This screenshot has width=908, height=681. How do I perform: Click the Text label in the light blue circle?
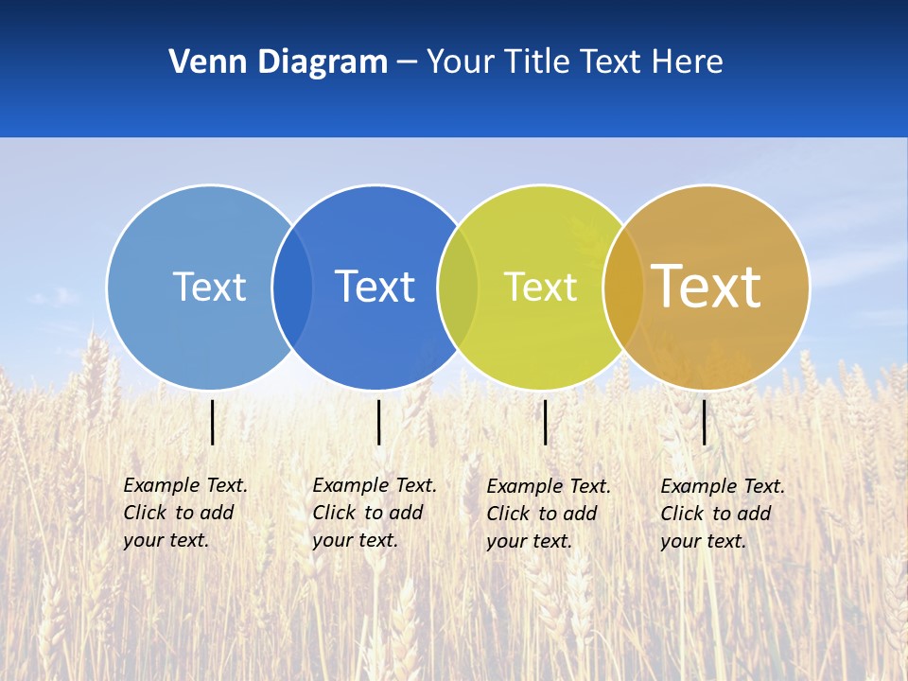(209, 287)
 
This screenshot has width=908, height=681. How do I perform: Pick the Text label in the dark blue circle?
(375, 287)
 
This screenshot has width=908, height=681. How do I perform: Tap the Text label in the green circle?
(540, 287)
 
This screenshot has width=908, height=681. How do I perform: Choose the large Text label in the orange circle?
(706, 287)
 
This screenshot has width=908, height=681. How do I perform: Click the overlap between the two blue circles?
(292, 287)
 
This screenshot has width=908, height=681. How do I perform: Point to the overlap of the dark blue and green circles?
(458, 287)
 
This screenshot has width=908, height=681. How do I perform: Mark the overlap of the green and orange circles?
(623, 287)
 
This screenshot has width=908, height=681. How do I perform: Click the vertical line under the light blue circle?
(213, 422)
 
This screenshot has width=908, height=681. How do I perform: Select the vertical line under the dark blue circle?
(378, 422)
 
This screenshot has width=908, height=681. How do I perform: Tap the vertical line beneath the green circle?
(545, 422)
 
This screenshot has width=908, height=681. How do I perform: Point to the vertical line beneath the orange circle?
(705, 422)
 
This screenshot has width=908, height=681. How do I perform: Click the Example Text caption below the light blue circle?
(185, 513)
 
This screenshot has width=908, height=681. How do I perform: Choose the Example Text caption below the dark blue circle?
(375, 513)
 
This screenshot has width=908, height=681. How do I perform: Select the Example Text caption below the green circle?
(549, 514)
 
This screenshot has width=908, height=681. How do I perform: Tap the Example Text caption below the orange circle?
(723, 514)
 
